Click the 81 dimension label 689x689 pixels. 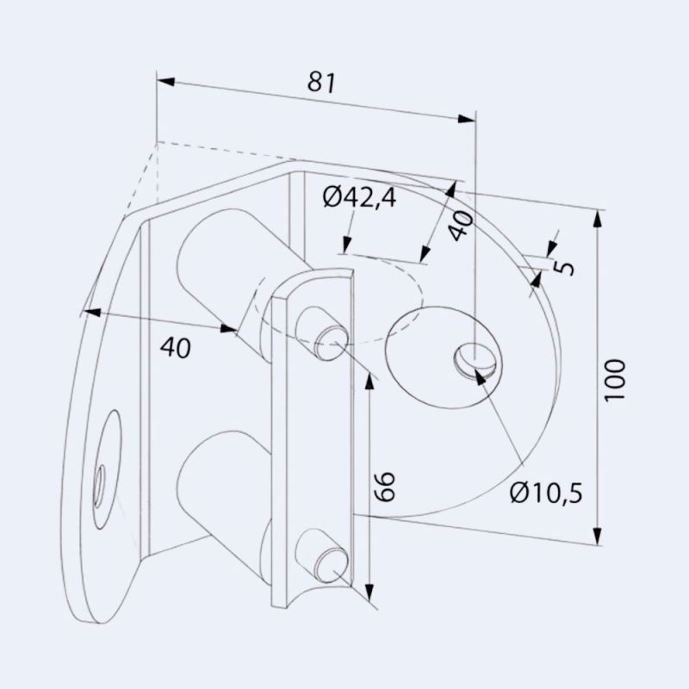click(320, 83)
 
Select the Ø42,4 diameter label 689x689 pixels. click(359, 199)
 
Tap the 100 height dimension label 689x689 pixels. click(615, 380)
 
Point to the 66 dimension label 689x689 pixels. click(385, 486)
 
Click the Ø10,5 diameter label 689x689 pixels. click(546, 493)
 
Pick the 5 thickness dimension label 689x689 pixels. click(564, 263)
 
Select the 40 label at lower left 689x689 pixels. click(175, 347)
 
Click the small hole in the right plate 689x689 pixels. click(475, 358)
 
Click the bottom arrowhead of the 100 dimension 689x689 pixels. click(599, 537)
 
